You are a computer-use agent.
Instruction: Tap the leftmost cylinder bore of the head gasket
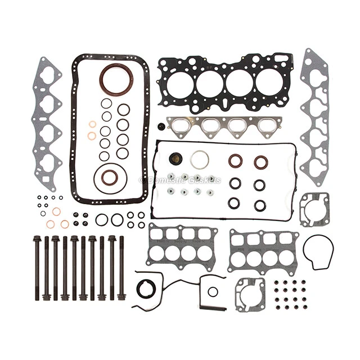tap(180, 84)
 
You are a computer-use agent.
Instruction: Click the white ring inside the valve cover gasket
tap(199, 160)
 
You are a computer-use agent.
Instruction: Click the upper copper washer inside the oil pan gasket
tap(92, 124)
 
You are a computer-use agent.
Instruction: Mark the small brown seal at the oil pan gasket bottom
tap(110, 177)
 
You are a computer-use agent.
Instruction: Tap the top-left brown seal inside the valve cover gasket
tap(235, 161)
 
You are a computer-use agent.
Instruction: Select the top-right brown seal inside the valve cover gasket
tap(260, 162)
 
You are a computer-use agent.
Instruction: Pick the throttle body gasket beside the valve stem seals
tap(249, 293)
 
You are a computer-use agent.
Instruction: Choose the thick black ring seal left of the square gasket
tap(146, 289)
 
